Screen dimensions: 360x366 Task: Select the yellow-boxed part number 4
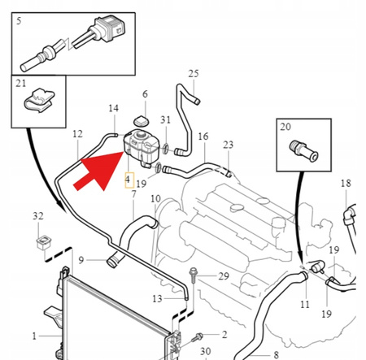pos(127,180)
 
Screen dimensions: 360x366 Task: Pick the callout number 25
pos(193,74)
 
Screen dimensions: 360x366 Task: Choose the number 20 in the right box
pos(285,127)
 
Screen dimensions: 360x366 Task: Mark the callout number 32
pos(37,215)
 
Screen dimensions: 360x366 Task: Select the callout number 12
pos(77,133)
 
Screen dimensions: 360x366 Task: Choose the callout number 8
pos(275,354)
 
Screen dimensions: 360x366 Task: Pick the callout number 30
pos(206,351)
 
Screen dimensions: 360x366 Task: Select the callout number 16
pos(203,136)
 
